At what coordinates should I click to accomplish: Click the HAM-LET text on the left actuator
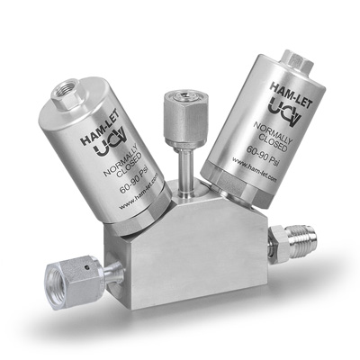click(x=100, y=127)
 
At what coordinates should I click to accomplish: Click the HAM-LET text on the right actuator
click(x=291, y=95)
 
